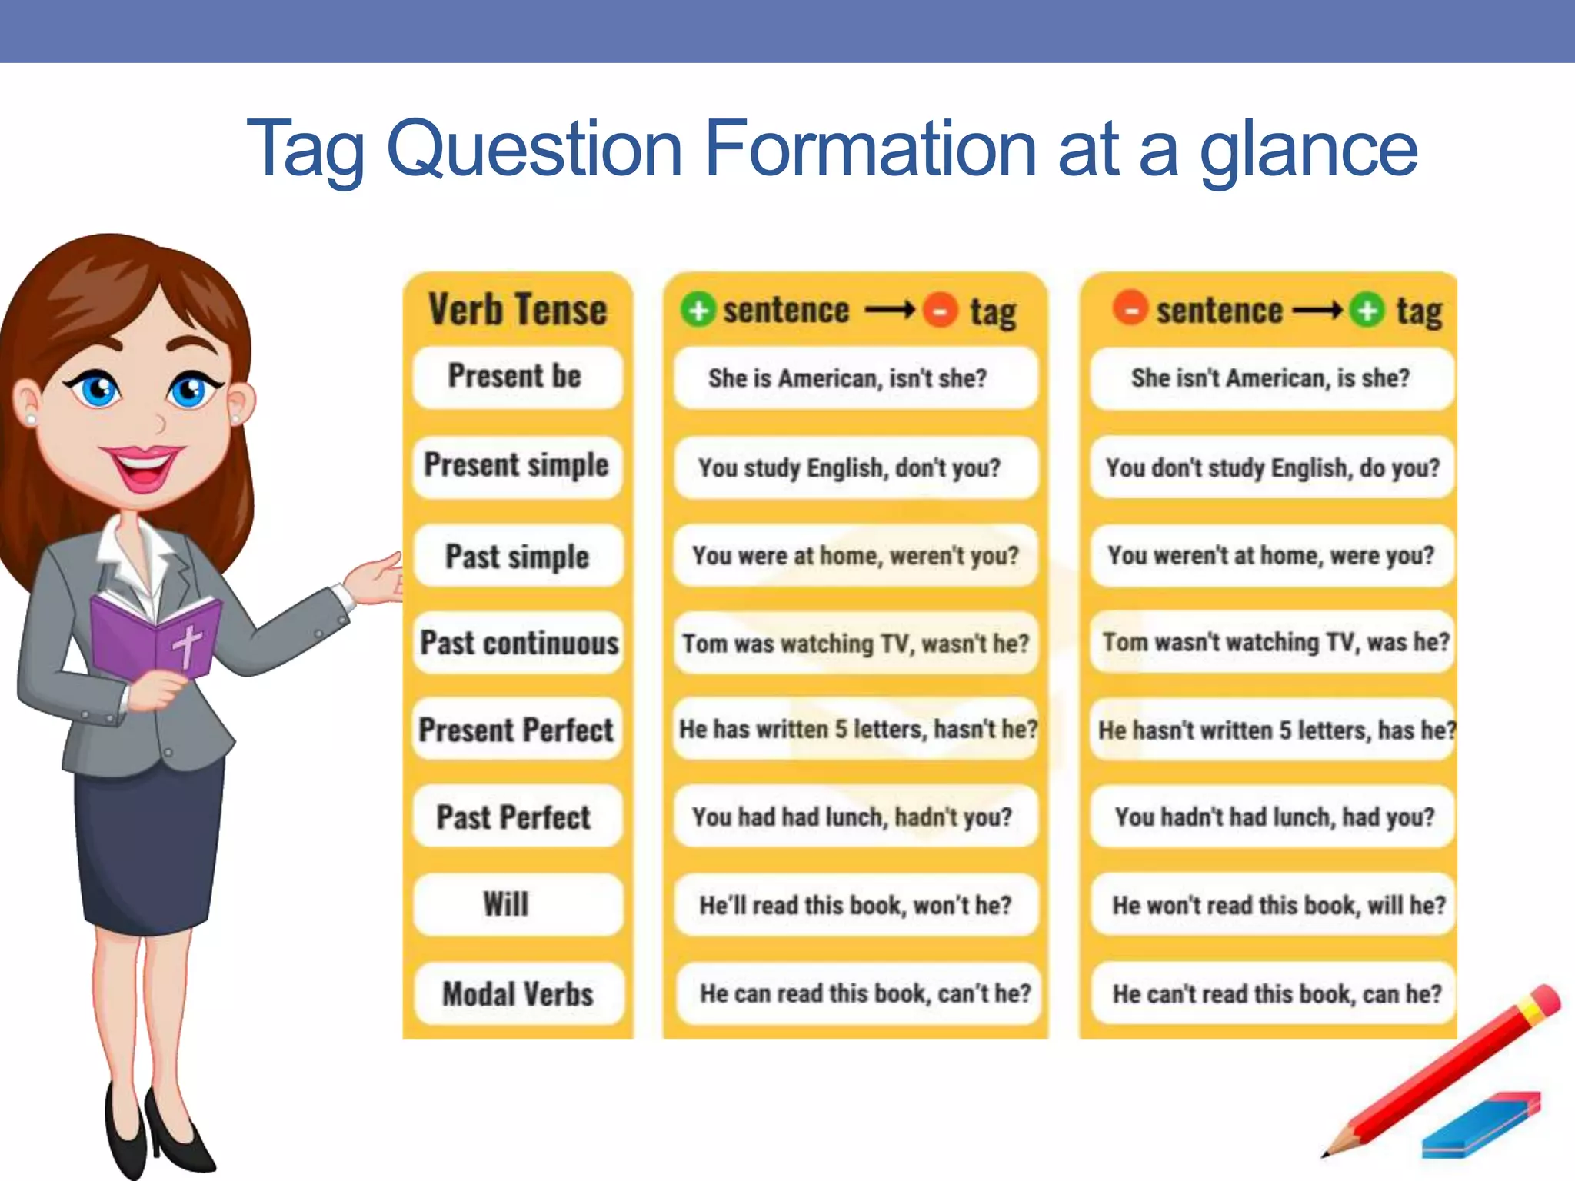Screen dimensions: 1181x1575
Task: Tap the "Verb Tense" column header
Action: click(x=518, y=310)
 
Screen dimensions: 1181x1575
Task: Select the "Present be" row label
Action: click(x=515, y=377)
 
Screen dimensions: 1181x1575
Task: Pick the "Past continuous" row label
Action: click(x=519, y=643)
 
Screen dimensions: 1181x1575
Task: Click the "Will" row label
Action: click(x=506, y=905)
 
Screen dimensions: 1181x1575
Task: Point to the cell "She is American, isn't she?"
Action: click(x=847, y=378)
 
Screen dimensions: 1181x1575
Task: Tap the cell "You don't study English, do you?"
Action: click(x=1273, y=467)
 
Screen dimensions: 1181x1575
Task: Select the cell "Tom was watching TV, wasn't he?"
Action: click(x=855, y=644)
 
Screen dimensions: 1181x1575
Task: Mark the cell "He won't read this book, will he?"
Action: click(x=1278, y=905)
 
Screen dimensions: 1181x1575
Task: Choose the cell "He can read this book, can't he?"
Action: click(x=864, y=993)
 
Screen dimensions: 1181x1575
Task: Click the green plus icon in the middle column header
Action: click(x=698, y=311)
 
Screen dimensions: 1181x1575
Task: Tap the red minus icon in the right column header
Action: click(x=1130, y=310)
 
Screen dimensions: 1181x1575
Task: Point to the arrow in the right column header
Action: click(x=1317, y=311)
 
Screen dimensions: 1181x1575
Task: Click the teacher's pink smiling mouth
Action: click(x=144, y=465)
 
